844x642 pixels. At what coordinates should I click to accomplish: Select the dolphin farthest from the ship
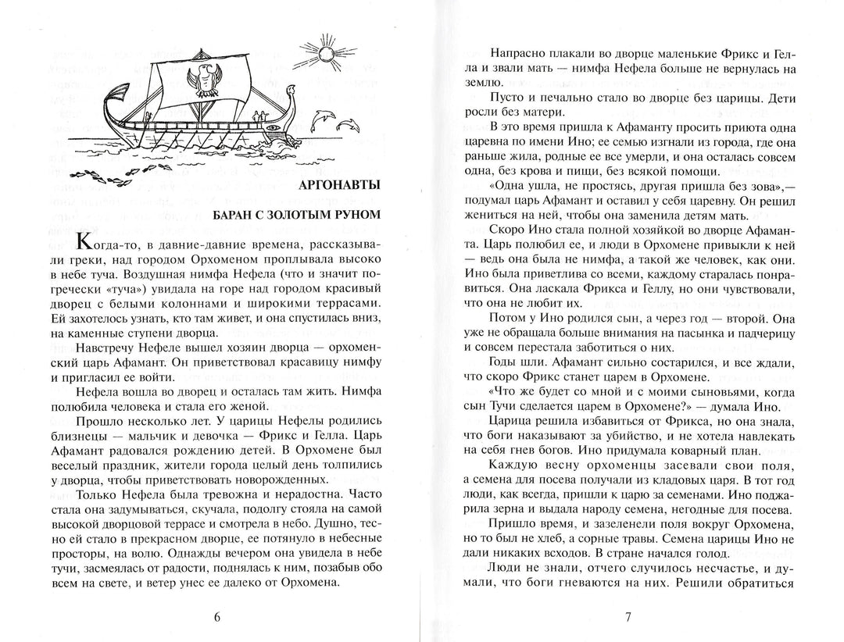click(x=349, y=124)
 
